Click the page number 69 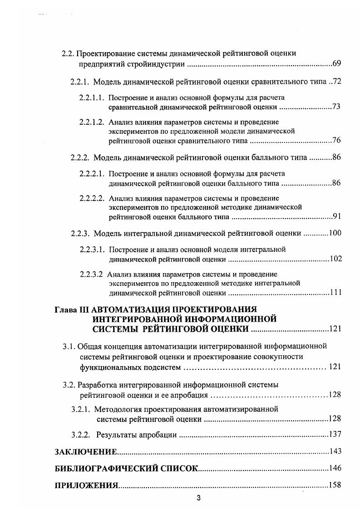[336, 63]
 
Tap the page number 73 [336, 107]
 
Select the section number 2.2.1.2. [92, 122]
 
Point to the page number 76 [336, 140]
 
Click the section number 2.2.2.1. [92, 174]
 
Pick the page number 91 [336, 216]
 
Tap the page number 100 [335, 233]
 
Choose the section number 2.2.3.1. [92, 250]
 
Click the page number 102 [335, 259]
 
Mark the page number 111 [335, 293]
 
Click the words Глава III [72, 310]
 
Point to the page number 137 [335, 435]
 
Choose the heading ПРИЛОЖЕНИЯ [86, 485]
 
